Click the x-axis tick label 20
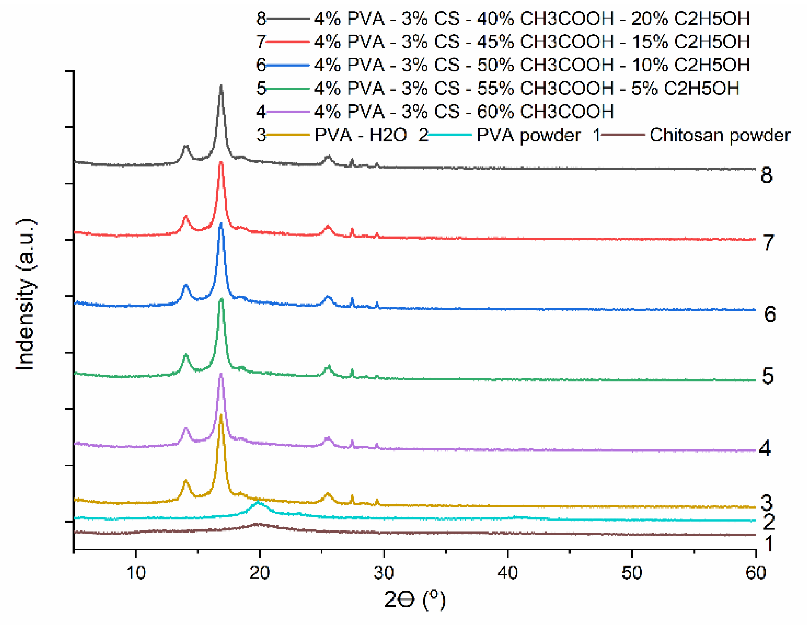pyautogui.click(x=260, y=573)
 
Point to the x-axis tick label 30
pyautogui.click(x=384, y=573)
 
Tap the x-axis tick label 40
pyautogui.click(x=508, y=573)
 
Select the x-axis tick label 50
pyautogui.click(x=632, y=573)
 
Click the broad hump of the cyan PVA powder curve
pyautogui.click(x=259, y=503)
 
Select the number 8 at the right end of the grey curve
pyautogui.click(x=766, y=175)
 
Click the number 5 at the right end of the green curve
pyautogui.click(x=768, y=376)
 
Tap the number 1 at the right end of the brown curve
pyautogui.click(x=768, y=544)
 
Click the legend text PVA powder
pyautogui.click(x=528, y=135)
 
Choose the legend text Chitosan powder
pyautogui.click(x=720, y=135)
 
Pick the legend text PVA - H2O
pyautogui.click(x=361, y=135)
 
